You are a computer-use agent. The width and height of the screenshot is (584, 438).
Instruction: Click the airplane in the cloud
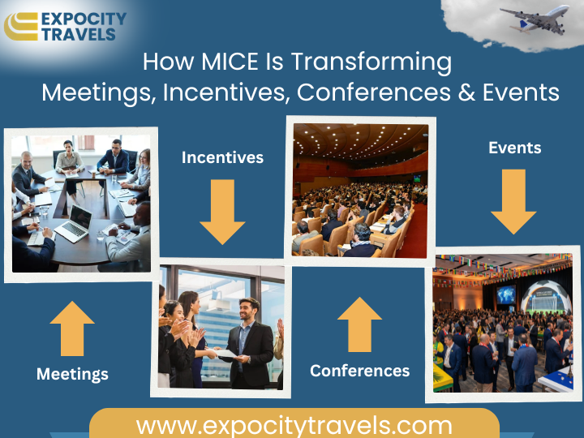535,19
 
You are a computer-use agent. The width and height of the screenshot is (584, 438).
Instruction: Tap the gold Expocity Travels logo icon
21,27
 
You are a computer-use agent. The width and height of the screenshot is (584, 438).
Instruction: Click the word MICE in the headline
230,62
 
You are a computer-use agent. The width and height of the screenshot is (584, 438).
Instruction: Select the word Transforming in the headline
371,62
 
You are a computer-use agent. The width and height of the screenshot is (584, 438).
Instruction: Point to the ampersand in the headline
466,92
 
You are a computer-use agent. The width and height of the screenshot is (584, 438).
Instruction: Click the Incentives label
223,157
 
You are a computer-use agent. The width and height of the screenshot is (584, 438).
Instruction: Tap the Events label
515,148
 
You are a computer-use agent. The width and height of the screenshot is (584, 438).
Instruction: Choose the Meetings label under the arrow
72,374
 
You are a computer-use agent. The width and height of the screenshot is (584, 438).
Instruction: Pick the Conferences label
360,371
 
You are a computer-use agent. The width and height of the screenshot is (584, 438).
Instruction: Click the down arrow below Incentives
222,212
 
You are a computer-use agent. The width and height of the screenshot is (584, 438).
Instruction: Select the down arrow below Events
513,201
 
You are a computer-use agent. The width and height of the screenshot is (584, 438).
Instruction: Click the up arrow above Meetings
72,328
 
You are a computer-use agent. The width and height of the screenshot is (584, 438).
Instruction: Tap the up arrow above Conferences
359,324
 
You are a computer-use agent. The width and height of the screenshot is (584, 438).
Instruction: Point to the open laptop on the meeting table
74,224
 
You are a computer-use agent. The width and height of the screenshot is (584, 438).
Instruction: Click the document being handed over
225,353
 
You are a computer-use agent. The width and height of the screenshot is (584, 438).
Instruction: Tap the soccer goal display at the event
546,299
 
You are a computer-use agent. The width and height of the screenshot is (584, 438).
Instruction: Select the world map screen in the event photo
506,295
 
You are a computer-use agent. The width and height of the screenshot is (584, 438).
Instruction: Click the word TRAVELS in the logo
79,34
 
